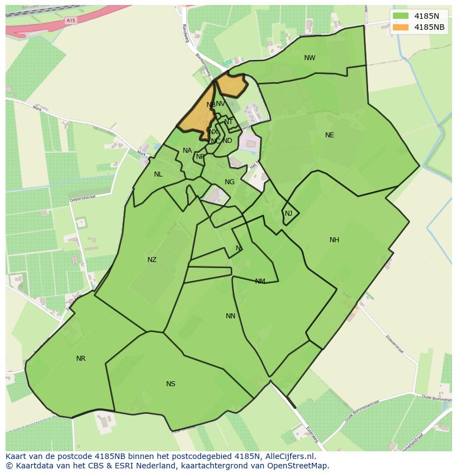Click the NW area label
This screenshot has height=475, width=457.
(310, 58)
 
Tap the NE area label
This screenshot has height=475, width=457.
(330, 135)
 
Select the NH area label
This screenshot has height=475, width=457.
(334, 240)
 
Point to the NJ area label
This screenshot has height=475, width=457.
(289, 214)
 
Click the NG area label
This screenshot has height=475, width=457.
(230, 182)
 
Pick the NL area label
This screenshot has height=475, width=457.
(158, 174)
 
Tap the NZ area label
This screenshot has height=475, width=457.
(152, 260)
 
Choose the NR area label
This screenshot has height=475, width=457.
(81, 359)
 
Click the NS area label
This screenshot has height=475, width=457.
(171, 384)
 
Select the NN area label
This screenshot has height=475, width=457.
(231, 316)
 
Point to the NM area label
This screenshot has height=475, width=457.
(260, 281)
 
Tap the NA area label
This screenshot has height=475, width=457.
(187, 151)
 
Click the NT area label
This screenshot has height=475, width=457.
(228, 122)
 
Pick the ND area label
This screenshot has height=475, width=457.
(227, 141)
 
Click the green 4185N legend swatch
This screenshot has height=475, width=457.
(401, 16)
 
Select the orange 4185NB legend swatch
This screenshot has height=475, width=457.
(401, 27)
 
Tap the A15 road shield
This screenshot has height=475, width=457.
(70, 20)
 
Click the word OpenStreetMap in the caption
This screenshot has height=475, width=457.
(301, 466)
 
